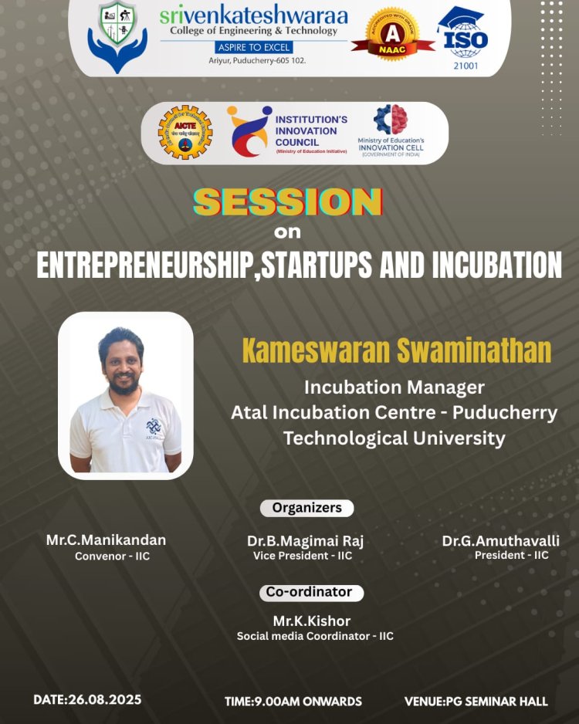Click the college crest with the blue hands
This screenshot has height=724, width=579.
(x=117, y=37)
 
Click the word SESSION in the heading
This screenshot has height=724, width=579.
(x=287, y=202)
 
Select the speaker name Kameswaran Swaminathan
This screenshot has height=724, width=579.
(x=397, y=350)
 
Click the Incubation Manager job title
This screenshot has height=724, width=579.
(x=394, y=387)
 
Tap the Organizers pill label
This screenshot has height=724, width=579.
(x=306, y=508)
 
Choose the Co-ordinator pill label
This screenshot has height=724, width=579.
(x=309, y=592)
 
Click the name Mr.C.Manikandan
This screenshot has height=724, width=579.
(x=106, y=540)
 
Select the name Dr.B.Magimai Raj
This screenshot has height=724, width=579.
(x=305, y=541)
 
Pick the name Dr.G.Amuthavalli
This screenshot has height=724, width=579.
(x=500, y=541)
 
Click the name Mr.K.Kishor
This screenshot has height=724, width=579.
(x=312, y=621)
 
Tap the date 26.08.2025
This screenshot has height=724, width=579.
(x=104, y=700)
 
